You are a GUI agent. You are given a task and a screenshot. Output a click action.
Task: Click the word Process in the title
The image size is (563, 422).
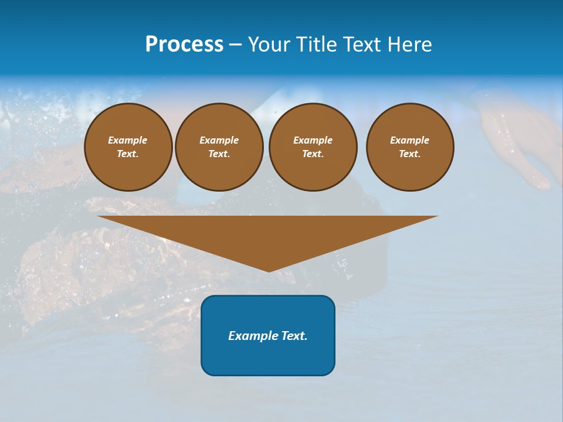coord(184,45)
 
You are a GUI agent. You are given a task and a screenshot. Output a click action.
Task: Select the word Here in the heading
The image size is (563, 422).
coord(409,45)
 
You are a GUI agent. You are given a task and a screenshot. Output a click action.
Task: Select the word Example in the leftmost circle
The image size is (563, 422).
coord(128,140)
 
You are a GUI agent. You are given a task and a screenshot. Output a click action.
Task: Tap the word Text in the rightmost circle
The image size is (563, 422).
coord(410,154)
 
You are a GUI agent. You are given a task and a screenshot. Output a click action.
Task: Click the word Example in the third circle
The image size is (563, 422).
coord(313,140)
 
